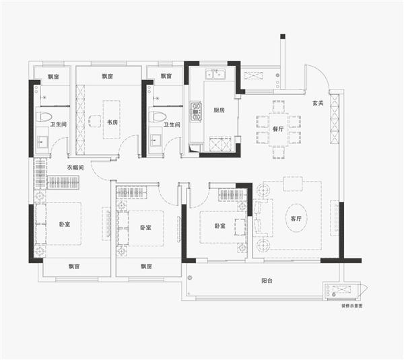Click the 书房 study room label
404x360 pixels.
coord(112,122)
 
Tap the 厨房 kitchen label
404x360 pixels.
coord(219,110)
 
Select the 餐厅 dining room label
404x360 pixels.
coord(278,129)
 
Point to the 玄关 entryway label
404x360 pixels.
coord(318,103)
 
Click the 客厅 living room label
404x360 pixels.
coord(296,219)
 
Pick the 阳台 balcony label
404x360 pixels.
coord(267,281)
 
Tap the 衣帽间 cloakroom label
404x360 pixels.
coord(75,168)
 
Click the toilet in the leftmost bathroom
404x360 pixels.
coord(44,117)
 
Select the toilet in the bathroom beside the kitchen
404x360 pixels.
coord(158,117)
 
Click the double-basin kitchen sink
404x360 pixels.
coord(215,74)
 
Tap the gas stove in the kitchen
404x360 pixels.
coord(196,112)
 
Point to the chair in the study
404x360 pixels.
coord(94,121)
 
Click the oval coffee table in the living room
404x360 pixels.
coord(296,219)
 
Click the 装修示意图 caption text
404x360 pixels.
coord(352,306)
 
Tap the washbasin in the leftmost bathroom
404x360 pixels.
coord(42,141)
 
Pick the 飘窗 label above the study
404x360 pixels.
coord(108,76)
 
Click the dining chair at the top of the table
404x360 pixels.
coord(279,106)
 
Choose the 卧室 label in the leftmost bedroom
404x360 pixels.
coord(65,224)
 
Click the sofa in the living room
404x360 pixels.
coord(263,218)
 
